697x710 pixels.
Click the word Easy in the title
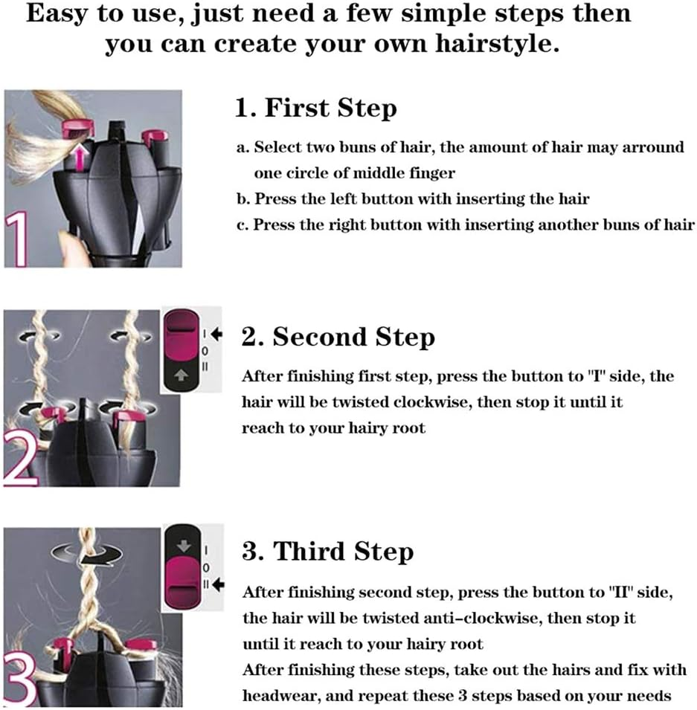[x=55, y=15]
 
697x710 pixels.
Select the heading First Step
[x=316, y=109]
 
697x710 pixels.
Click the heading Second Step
[x=338, y=338]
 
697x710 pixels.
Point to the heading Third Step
[x=327, y=552]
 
